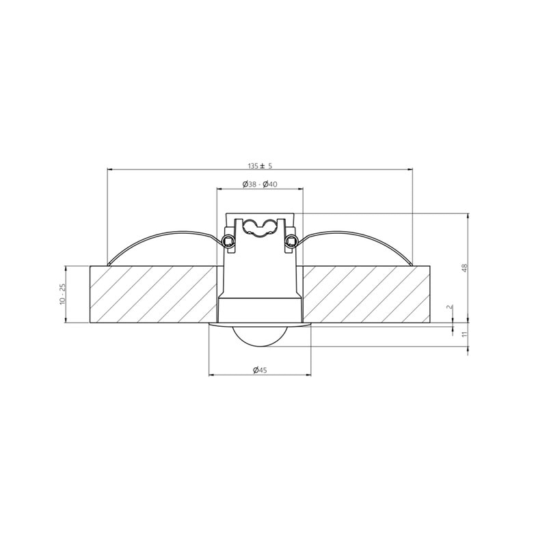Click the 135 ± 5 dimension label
pos(260,165)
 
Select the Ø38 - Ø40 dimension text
pos(260,184)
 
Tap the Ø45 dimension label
pos(260,370)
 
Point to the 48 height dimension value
pos(464,268)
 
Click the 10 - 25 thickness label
pos(63,294)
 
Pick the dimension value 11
pos(464,334)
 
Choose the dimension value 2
pos(450,307)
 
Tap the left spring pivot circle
pos(228,240)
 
